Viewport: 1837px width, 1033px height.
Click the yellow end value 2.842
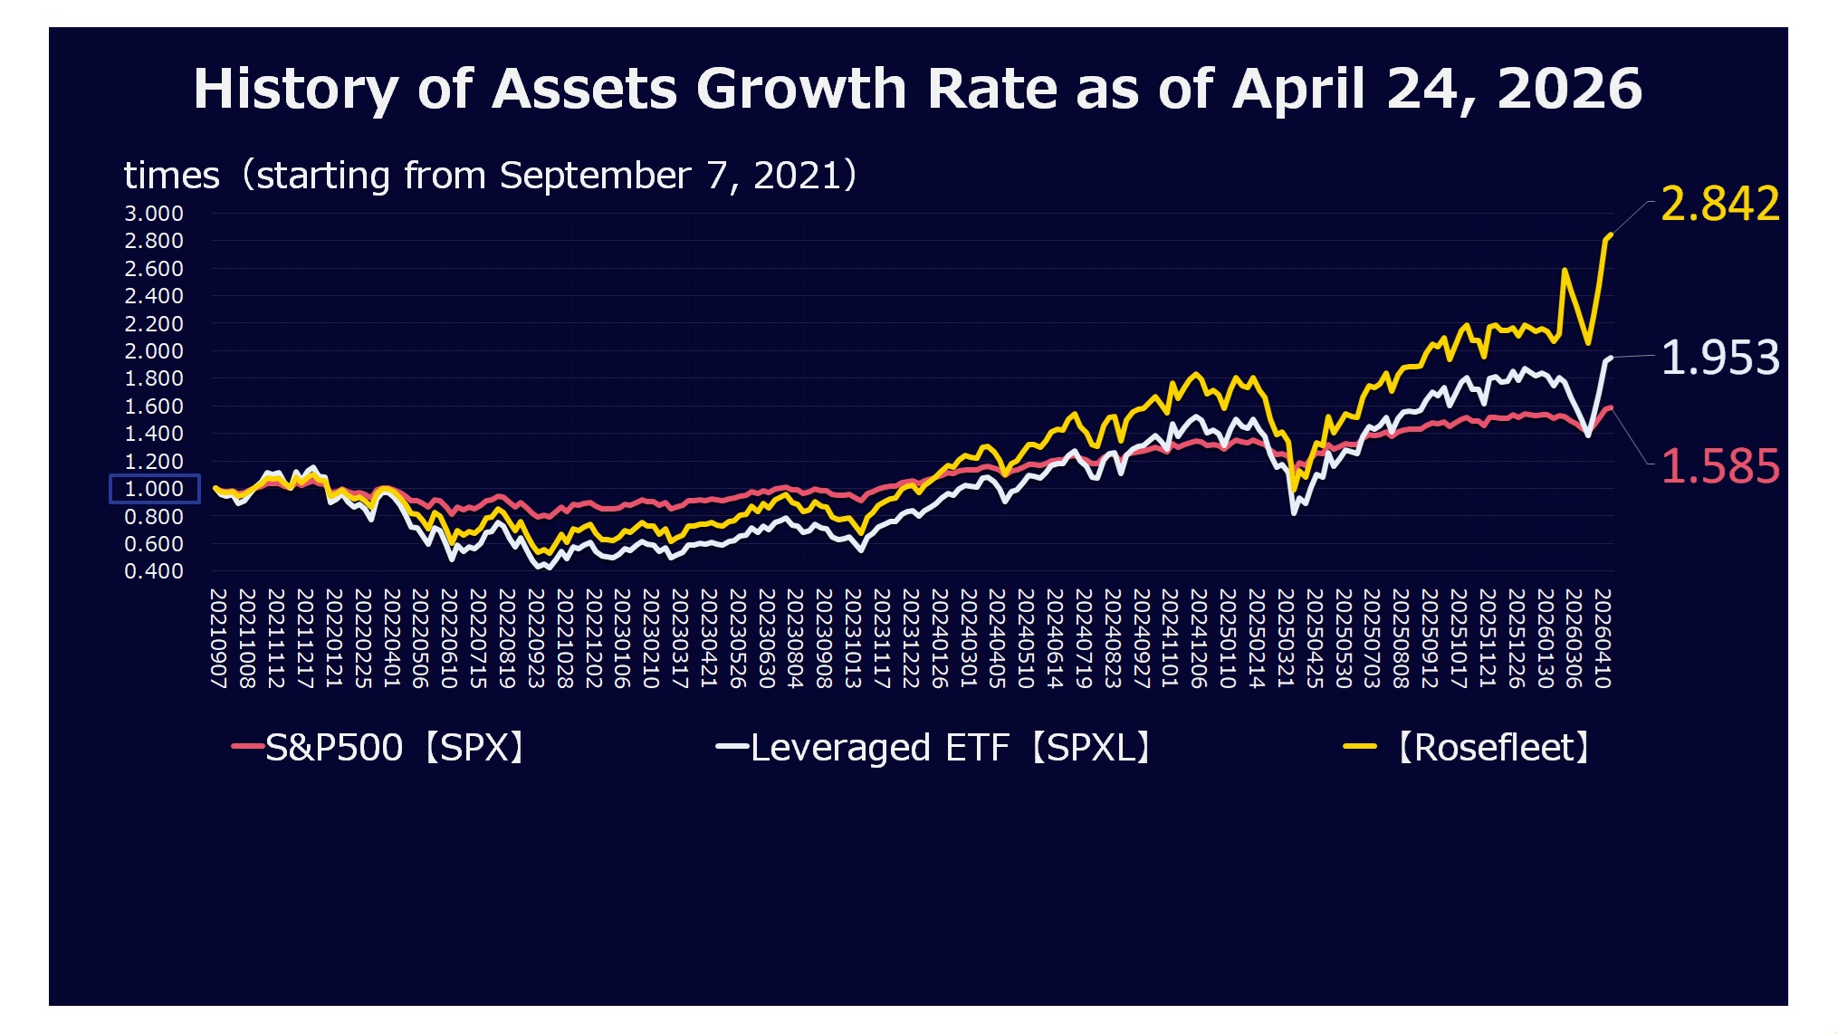[1719, 204]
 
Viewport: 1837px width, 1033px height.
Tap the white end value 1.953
[1719, 358]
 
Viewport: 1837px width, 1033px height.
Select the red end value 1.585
[1719, 467]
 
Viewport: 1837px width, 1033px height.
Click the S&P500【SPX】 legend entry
[380, 748]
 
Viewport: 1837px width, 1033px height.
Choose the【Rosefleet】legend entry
[1469, 748]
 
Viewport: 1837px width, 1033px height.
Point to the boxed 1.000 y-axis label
[154, 489]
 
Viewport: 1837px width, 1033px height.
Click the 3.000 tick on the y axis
[154, 214]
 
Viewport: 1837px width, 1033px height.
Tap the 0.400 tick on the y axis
[154, 571]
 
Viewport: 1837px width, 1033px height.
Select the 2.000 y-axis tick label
[154, 351]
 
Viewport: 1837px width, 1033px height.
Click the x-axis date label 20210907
[218, 638]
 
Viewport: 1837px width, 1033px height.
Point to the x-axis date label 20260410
[1603, 638]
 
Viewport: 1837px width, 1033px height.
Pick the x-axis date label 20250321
[1286, 638]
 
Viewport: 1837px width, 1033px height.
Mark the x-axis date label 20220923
[536, 638]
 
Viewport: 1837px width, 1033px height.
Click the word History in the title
[296, 89]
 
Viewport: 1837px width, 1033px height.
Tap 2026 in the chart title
[1569, 89]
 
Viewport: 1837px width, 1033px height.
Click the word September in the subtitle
[595, 176]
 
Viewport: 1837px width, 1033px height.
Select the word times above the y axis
[171, 176]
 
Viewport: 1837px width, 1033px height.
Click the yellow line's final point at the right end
[1610, 235]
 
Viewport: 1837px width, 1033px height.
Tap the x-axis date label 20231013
[853, 638]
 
